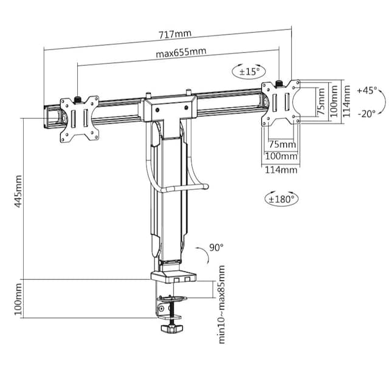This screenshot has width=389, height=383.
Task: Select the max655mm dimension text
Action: tap(181, 53)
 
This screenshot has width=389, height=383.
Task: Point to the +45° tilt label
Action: tap(367, 90)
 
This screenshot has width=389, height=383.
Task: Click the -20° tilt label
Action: tap(367, 113)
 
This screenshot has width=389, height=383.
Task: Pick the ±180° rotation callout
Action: tap(281, 198)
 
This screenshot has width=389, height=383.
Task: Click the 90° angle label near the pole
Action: tap(216, 247)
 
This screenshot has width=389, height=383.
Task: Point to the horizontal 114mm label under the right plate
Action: tap(281, 170)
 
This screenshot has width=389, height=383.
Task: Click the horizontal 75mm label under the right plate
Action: tap(281, 144)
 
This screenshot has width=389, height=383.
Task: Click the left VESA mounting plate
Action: tap(79, 120)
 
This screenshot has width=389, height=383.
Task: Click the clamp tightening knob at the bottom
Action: tap(173, 329)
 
